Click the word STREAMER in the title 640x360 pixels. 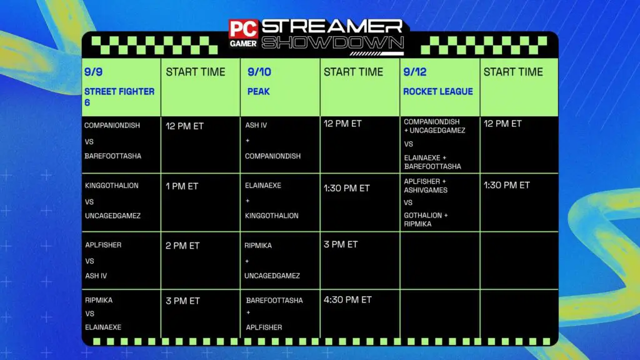coord(332,27)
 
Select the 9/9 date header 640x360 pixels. coord(93,72)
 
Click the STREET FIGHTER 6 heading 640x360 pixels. coord(119,96)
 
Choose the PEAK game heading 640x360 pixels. coord(258,91)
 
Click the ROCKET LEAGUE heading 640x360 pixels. coord(437,91)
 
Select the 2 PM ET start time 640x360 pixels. coord(182,246)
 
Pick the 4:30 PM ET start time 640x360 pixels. coord(347,300)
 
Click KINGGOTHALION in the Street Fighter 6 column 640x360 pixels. coord(112,186)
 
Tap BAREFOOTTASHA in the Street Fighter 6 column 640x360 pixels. coord(112,156)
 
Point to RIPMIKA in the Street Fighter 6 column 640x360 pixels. coord(98,300)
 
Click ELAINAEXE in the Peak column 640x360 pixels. coord(263,186)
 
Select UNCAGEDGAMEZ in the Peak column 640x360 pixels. coord(272,276)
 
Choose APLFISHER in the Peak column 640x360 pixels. coord(263,327)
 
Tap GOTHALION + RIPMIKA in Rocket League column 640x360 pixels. coord(426,219)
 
